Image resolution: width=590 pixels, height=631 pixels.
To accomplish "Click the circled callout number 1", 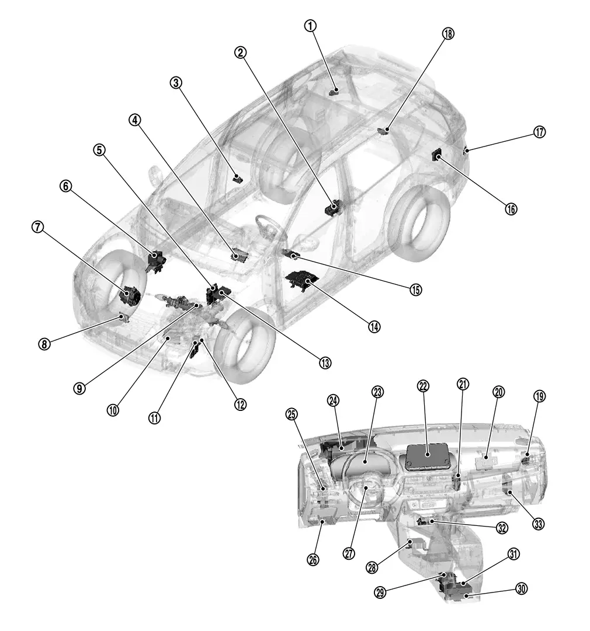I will pos(310,26).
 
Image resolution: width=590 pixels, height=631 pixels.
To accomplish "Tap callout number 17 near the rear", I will pos(539,132).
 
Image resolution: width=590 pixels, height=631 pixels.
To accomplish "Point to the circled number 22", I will pos(423,385).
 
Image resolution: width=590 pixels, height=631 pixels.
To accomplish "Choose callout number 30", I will pos(522,589).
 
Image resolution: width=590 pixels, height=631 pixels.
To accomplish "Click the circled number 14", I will pos(374,326).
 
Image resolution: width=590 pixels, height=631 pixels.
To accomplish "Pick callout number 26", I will pos(313,559).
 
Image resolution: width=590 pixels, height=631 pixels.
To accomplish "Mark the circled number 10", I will pos(113,409).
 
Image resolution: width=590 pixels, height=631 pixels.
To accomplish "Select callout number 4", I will pos(135,120).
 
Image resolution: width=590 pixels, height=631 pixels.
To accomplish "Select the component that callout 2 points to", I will pos(335,207).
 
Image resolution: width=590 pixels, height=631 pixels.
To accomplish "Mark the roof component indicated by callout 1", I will pos(335,90).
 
